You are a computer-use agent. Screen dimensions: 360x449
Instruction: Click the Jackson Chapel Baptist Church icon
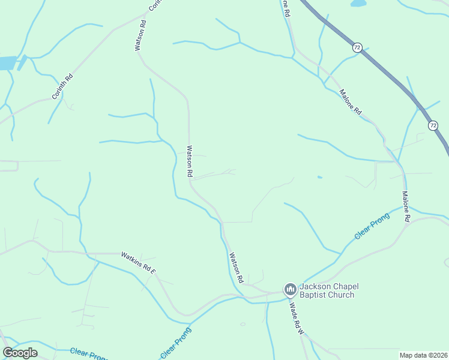[290, 290]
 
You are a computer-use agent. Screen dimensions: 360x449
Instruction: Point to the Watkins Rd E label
[139, 263]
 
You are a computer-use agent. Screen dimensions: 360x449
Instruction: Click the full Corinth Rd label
[62, 86]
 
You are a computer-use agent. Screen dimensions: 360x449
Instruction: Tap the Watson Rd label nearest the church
[236, 268]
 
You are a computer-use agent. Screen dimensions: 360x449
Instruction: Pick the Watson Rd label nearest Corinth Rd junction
[140, 35]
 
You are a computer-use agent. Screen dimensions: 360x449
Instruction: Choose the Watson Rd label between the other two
[190, 161]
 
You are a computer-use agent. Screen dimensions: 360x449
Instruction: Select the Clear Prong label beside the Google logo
[89, 354]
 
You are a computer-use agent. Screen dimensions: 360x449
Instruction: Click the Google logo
[20, 353]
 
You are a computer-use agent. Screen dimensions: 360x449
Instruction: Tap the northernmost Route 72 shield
[357, 47]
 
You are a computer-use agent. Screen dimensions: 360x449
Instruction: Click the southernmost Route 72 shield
[433, 125]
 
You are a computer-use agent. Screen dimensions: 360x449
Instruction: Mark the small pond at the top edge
[358, 3]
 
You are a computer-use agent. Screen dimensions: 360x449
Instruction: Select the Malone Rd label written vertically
[406, 207]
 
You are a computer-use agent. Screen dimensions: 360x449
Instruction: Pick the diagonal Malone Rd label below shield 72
[351, 102]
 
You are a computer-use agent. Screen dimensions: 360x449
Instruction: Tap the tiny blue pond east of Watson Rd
[319, 177]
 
